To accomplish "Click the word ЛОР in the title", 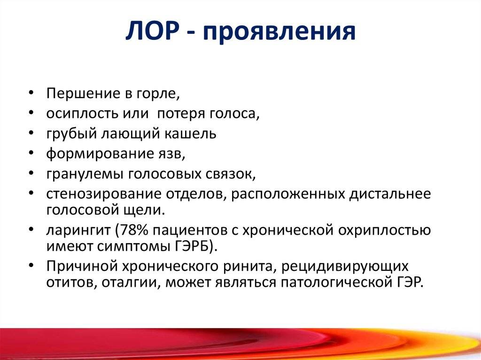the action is tap(152, 31).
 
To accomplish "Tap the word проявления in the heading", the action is tap(279, 32).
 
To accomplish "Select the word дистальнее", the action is tap(390, 195).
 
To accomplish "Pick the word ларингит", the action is tap(78, 231).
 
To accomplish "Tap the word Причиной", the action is tap(82, 267).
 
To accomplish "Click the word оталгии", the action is tap(132, 283).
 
